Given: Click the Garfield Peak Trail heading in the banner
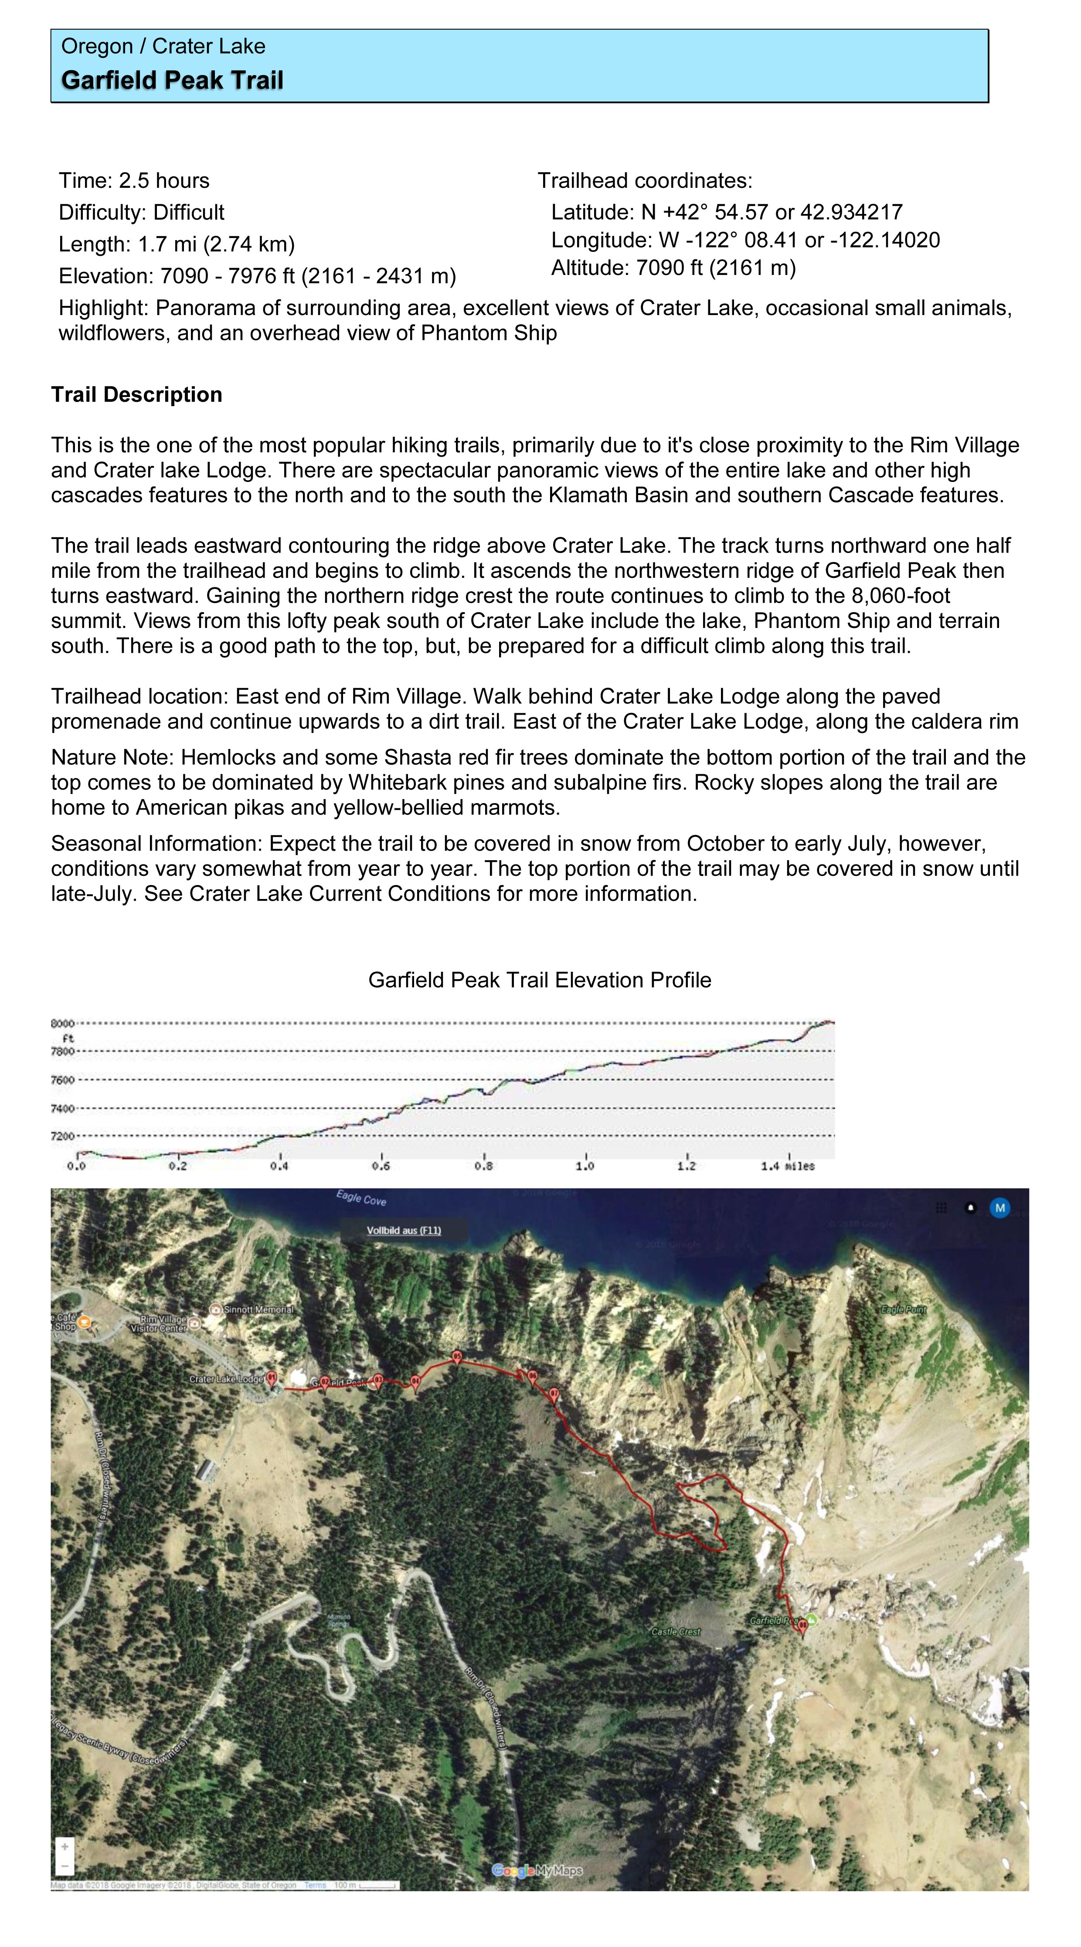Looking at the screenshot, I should (x=172, y=80).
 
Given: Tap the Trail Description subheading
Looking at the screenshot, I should (x=137, y=394).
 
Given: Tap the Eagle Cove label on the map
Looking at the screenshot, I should (x=361, y=1199).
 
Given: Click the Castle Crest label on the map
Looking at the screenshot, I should (x=676, y=1632).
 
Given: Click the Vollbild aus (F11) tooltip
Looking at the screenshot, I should (x=404, y=1231).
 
